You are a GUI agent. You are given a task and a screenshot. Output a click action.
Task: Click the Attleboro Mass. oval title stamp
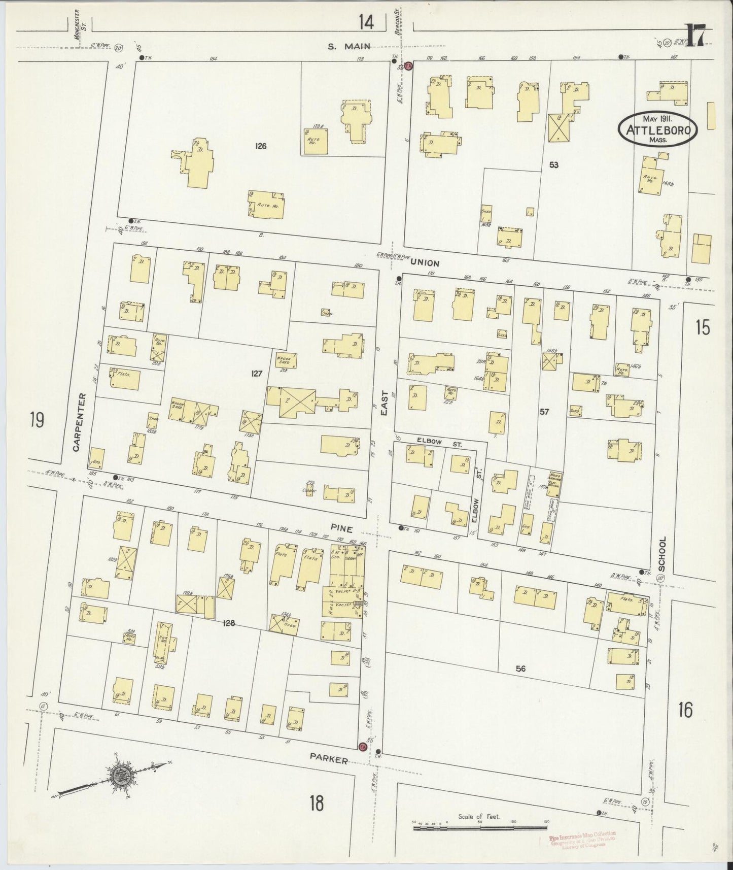(657, 130)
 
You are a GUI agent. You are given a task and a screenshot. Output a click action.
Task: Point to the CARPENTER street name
(77, 422)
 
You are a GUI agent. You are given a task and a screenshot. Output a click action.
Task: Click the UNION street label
(425, 263)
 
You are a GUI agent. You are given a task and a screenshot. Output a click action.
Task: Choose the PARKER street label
(329, 759)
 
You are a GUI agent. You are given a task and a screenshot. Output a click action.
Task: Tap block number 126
(261, 146)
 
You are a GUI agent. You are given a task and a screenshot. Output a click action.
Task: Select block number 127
(256, 374)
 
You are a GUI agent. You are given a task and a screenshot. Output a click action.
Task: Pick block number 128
(229, 623)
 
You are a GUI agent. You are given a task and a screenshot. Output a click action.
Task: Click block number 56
(520, 669)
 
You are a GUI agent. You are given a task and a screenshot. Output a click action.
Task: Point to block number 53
(553, 164)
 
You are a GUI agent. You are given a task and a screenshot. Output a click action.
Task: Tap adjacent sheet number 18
(316, 804)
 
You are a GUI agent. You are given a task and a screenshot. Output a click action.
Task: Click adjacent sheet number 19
(37, 421)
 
